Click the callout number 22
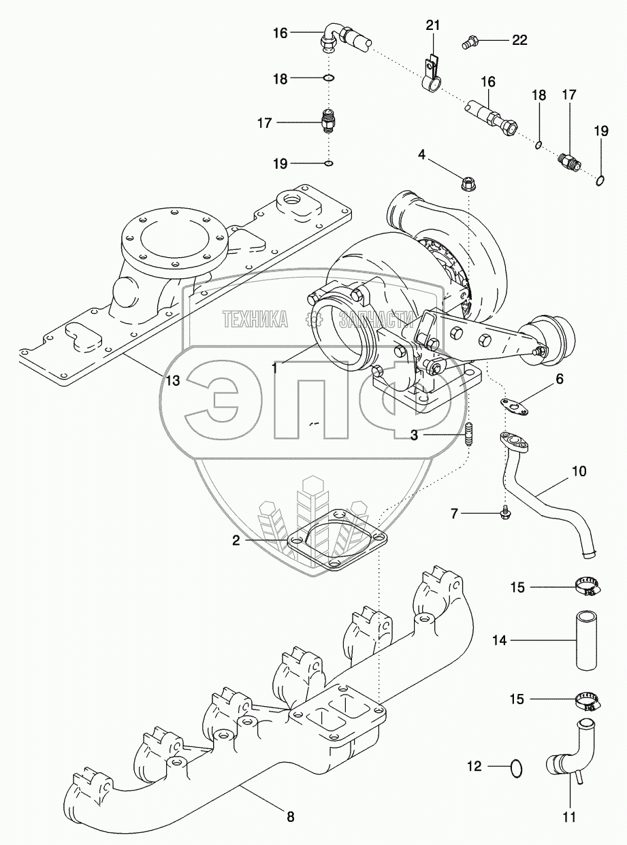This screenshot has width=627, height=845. tap(519, 40)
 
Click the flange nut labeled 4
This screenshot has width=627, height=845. tap(467, 182)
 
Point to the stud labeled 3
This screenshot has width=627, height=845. tap(468, 435)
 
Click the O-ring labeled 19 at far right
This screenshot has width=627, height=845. tap(600, 180)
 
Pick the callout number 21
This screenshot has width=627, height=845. tap(433, 25)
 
